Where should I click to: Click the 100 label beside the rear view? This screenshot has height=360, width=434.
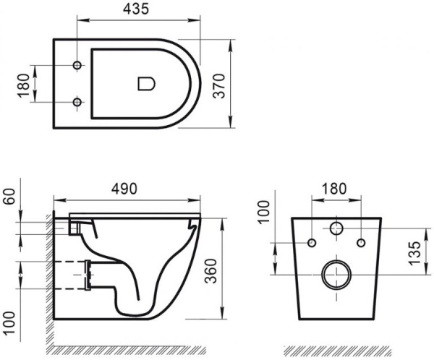coord(266,214)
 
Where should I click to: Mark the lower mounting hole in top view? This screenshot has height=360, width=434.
coord(76,103)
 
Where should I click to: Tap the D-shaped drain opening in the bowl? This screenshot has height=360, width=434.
coord(145,85)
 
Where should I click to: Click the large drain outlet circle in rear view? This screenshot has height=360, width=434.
coord(336,274)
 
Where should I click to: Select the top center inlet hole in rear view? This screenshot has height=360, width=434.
coord(336,230)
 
